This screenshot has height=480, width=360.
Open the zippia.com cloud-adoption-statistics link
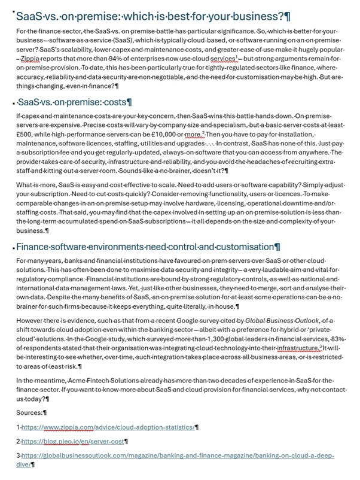108,428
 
